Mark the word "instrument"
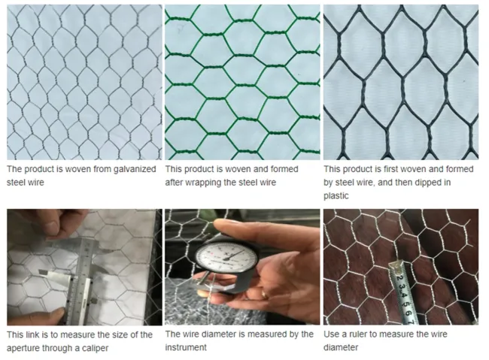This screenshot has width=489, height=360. (x=187, y=347)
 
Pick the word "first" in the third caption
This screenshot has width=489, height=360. (x=392, y=170)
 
